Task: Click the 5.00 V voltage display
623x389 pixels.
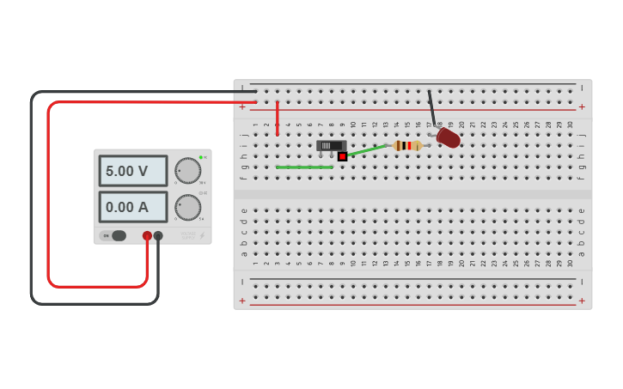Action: click(x=132, y=171)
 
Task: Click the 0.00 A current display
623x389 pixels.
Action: click(x=132, y=207)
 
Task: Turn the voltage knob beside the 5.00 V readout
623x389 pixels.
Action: click(x=187, y=170)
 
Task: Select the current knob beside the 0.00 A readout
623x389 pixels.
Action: click(x=187, y=207)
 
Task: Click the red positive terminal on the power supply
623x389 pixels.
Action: click(x=147, y=235)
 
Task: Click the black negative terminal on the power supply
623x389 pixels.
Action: click(x=158, y=235)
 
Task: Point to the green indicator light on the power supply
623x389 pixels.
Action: click(x=200, y=157)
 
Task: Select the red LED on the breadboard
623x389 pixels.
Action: click(x=448, y=137)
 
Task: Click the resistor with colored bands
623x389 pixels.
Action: click(x=407, y=145)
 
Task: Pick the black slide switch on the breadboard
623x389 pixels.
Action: click(x=331, y=145)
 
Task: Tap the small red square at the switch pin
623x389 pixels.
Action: click(x=342, y=156)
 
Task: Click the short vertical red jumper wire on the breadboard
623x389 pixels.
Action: click(x=277, y=118)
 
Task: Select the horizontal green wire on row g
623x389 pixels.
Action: click(x=304, y=167)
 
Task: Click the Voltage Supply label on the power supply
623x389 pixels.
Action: click(x=187, y=234)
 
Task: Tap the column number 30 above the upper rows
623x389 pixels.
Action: click(x=570, y=125)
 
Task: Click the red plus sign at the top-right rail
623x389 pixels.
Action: click(x=582, y=106)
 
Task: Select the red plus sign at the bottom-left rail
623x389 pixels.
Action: click(x=242, y=301)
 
